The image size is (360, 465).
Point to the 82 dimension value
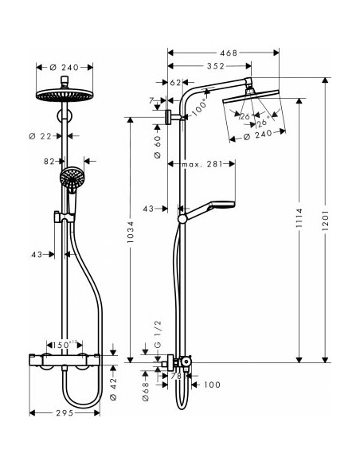pos(49,161)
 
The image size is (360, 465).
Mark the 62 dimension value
pos(176,82)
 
